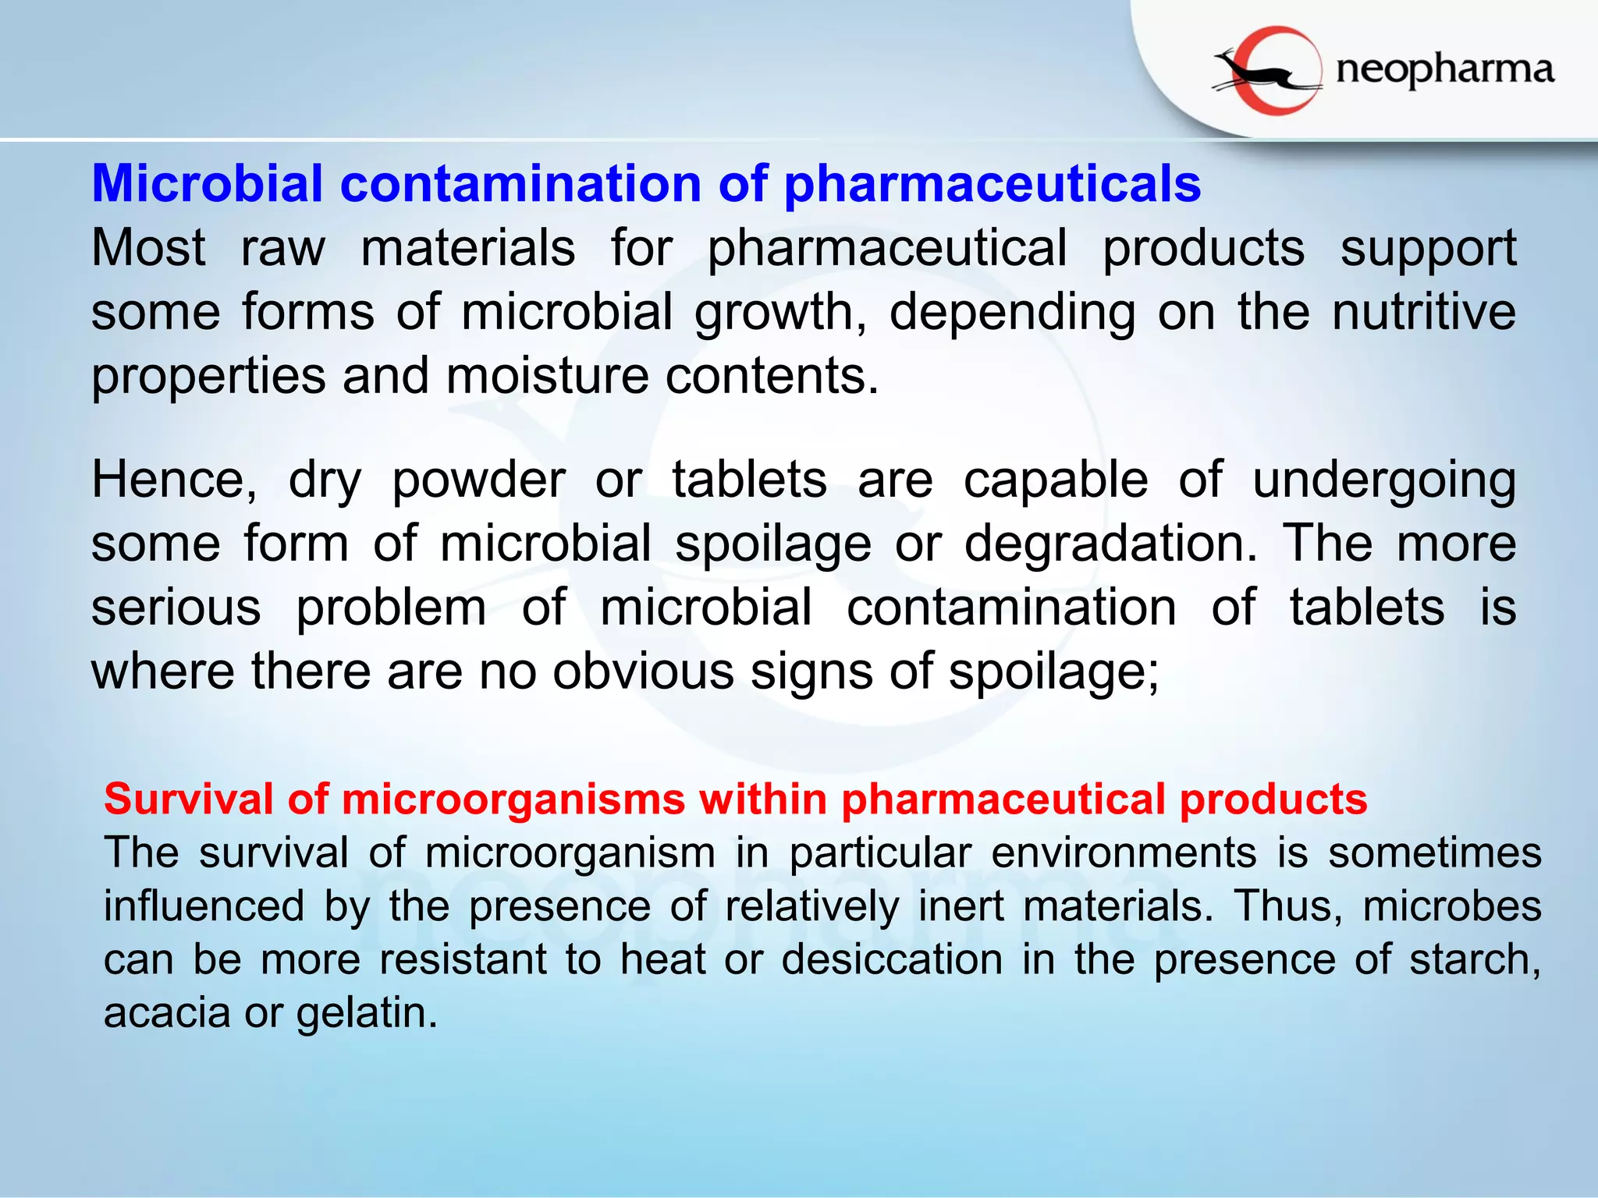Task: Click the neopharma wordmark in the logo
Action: (1444, 70)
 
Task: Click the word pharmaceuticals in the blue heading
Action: (992, 184)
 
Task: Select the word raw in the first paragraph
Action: (283, 248)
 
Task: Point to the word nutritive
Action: (1424, 312)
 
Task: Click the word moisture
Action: (547, 376)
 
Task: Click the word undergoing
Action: (1384, 480)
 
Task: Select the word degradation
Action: (1111, 544)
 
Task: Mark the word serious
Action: (176, 608)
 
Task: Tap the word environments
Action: (1124, 852)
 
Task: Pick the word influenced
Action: (204, 906)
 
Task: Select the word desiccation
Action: (892, 959)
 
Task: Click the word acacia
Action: (165, 1012)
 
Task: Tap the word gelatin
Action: (367, 1014)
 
